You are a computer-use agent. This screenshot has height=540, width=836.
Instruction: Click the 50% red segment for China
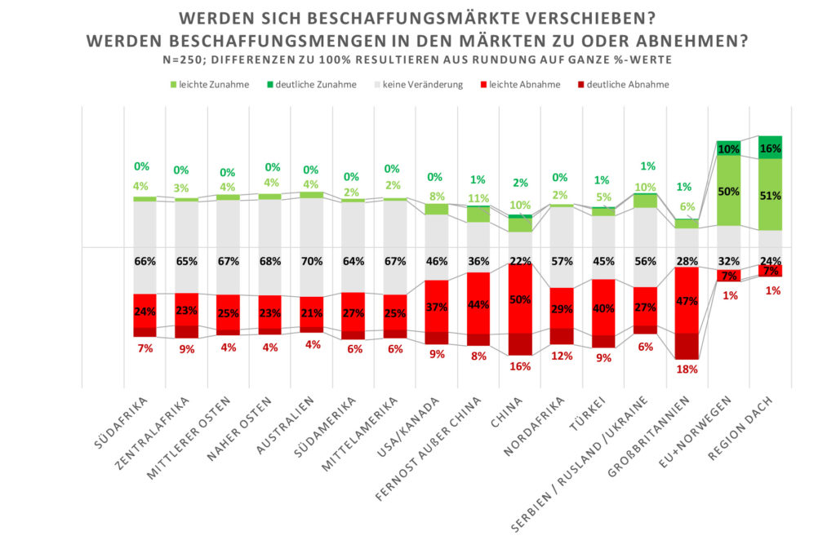click(x=520, y=298)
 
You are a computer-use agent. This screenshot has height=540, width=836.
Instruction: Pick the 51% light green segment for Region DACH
click(x=770, y=195)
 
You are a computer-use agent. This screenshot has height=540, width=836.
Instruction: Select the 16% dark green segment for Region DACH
click(x=770, y=148)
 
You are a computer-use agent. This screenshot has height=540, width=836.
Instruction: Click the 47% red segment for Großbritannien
click(x=687, y=300)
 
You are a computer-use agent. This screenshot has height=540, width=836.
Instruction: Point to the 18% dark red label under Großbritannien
click(x=687, y=369)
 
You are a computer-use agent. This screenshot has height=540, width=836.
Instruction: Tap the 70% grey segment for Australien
click(x=312, y=260)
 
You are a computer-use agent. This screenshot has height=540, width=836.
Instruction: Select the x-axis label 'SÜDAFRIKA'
click(x=123, y=424)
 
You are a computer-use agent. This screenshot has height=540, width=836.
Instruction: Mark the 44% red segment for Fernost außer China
click(x=478, y=303)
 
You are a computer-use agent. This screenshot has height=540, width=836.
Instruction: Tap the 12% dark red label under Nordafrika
click(x=562, y=355)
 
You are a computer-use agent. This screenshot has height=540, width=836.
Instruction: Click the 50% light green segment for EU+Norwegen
click(x=728, y=191)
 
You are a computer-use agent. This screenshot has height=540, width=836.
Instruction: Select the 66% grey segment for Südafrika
click(x=145, y=260)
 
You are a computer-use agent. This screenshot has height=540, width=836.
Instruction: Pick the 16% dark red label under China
click(x=520, y=366)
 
